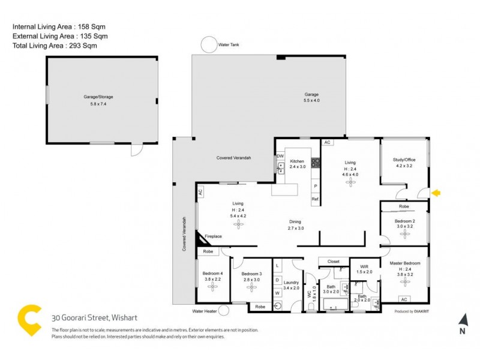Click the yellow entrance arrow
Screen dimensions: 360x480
tap(437, 193)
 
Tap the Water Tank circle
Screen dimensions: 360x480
tap(208, 45)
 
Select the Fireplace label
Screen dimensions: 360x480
tap(214, 236)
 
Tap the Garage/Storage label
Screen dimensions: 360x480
tap(98, 97)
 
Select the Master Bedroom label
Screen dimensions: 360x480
tap(405, 263)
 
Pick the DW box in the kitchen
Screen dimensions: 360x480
tap(280, 157)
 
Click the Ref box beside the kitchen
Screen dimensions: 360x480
tap(314, 199)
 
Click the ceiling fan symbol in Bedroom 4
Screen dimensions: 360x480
tap(213, 287)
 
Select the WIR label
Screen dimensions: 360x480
tap(364, 266)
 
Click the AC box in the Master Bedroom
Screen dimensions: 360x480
tap(404, 299)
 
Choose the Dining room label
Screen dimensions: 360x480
tap(296, 221)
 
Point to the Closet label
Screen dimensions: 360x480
tap(333, 262)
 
